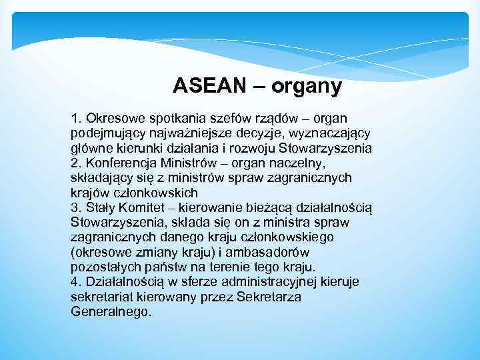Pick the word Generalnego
click(110, 311)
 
